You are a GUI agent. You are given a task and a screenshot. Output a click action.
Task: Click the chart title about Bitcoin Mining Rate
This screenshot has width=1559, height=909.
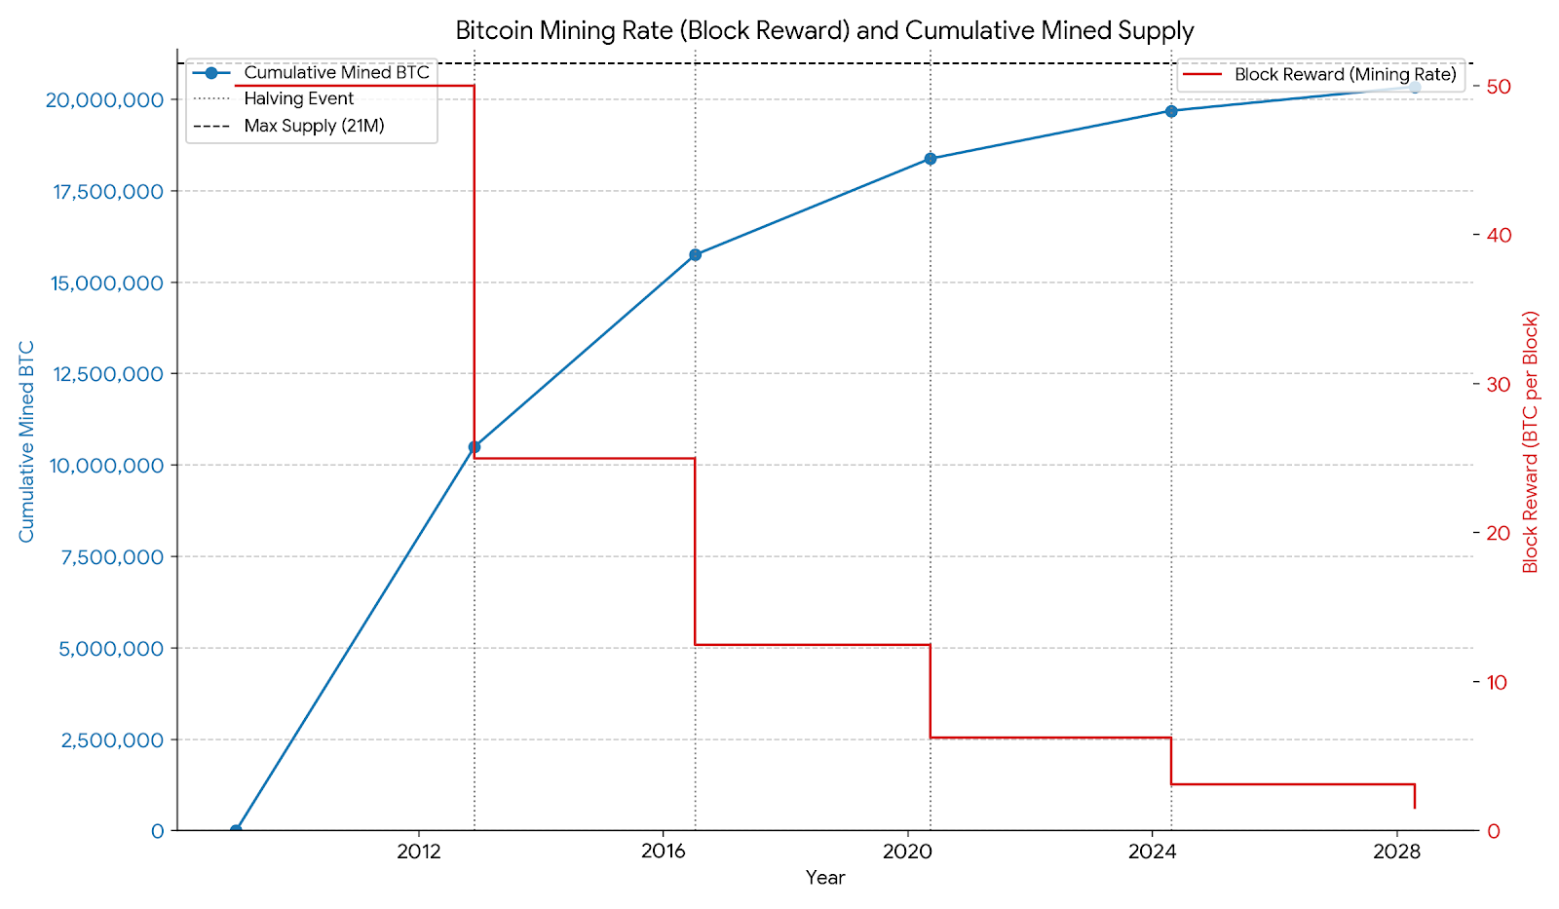(824, 30)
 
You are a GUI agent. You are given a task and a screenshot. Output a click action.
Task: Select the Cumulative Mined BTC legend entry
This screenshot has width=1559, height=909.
(336, 73)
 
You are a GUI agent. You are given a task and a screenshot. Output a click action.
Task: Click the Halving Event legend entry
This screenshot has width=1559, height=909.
(299, 98)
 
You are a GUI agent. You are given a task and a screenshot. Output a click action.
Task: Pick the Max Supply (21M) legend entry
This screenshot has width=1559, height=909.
(314, 126)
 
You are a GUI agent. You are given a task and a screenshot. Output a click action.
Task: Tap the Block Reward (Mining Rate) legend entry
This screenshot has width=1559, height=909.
(1345, 74)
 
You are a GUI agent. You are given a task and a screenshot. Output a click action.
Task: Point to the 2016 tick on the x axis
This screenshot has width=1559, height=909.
(663, 852)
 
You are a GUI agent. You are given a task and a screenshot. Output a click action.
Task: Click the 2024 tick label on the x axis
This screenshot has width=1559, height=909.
(1152, 852)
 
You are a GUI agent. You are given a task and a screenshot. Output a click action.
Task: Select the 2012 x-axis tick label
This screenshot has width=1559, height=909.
(418, 852)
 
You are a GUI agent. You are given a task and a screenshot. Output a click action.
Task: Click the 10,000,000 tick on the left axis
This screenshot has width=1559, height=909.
(105, 466)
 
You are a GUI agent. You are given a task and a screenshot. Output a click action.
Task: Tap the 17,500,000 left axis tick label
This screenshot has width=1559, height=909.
(107, 191)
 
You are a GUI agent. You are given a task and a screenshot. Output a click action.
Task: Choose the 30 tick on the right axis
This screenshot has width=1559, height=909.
(1498, 385)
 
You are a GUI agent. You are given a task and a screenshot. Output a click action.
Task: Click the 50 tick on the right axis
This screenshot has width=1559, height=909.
(1498, 87)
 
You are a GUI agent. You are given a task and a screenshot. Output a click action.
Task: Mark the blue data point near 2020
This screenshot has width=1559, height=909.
(931, 159)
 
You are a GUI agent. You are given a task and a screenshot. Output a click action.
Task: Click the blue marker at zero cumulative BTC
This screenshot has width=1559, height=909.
(236, 830)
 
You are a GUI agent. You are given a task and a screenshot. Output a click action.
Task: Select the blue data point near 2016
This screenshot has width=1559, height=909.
(695, 254)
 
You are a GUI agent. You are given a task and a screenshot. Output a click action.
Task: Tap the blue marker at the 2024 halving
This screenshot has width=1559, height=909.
(1171, 111)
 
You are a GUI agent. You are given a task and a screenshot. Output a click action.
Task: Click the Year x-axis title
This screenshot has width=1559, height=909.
(825, 878)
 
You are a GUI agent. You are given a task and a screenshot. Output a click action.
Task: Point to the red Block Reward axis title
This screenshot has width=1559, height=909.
(1530, 441)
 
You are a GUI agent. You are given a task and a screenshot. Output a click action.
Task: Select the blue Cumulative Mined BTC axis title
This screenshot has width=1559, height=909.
(26, 441)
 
